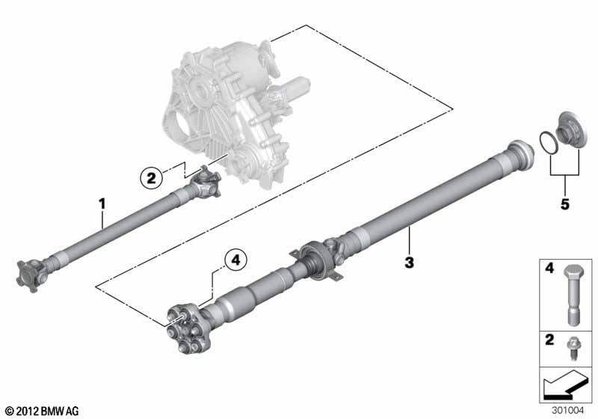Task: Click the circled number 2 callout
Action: point(152,178)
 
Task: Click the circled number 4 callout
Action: point(235,260)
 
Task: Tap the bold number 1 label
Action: point(102,204)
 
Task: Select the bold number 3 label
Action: point(409,263)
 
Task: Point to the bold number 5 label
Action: point(565,204)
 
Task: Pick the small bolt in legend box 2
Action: point(572,348)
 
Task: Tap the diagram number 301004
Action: point(567,411)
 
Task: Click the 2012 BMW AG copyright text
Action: point(43,411)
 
